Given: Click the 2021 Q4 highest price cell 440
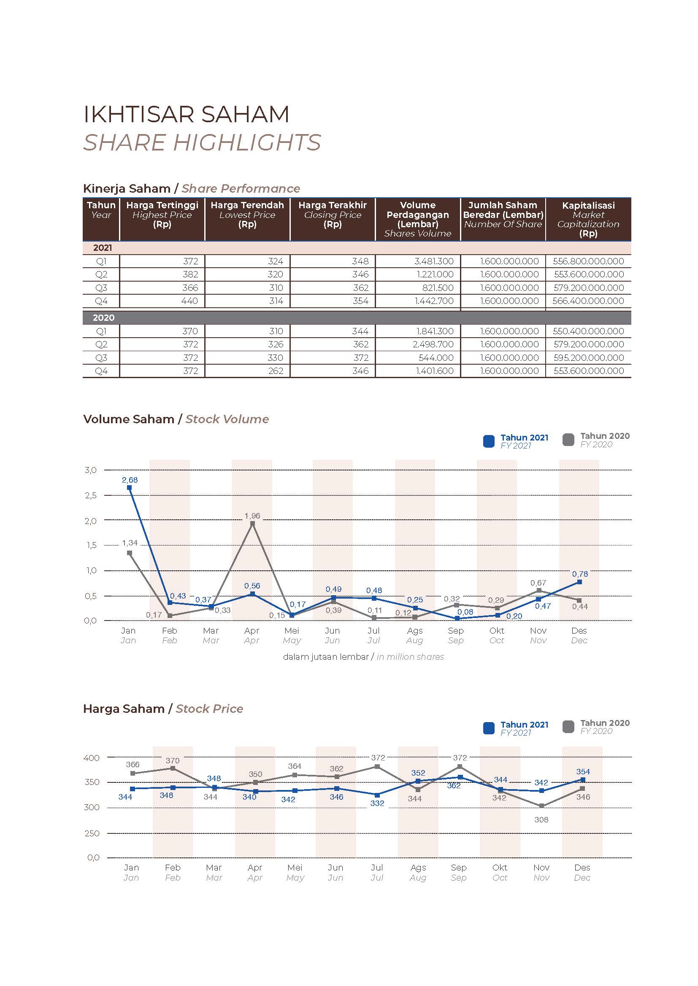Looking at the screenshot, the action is (189, 301).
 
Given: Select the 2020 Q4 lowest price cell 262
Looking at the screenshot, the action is (276, 371).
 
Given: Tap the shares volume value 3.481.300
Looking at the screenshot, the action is (434, 261).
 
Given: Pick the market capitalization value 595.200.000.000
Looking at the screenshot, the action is (588, 358).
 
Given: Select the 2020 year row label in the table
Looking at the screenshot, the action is (103, 318).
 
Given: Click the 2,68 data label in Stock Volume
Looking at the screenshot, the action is (130, 480).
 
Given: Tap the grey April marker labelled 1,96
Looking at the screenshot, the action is (252, 524).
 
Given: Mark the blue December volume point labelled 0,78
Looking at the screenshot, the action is (579, 582).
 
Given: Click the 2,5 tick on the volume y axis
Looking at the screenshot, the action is (91, 495).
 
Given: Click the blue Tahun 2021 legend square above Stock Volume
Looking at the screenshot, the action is (489, 441).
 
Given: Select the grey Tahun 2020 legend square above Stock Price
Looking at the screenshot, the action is (568, 727).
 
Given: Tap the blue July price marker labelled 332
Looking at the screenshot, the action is (377, 795).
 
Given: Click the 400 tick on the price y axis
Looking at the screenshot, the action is (92, 758).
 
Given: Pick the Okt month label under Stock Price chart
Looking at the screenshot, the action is (500, 868).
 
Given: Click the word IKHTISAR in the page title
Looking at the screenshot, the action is (137, 114).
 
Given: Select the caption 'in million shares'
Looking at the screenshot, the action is (410, 657).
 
